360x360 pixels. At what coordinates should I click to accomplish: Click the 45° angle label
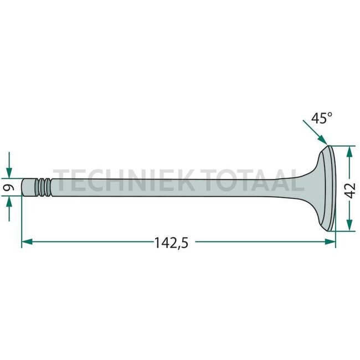click(321, 119)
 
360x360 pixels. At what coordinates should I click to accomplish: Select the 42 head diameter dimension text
click(349, 188)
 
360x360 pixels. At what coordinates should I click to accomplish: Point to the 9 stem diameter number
click(8, 188)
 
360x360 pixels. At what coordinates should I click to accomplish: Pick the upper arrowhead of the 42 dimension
click(349, 151)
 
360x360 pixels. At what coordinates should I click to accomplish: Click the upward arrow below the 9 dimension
click(9, 207)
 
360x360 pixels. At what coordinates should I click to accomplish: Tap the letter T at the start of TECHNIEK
click(63, 179)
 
